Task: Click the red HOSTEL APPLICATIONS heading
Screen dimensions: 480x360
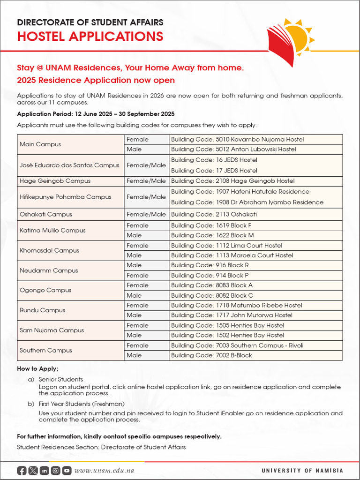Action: pyautogui.click(x=90, y=36)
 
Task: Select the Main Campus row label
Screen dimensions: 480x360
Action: pyautogui.click(x=40, y=144)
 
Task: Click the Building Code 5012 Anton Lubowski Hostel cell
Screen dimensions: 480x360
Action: pyautogui.click(x=233, y=150)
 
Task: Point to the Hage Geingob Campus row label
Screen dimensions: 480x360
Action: pyautogui.click(x=55, y=181)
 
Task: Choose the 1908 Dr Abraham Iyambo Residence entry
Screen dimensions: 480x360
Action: pyautogui.click(x=247, y=202)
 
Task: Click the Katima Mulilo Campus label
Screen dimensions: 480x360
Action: pyautogui.click(x=52, y=230)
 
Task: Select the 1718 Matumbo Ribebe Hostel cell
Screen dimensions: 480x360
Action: pyautogui.click(x=236, y=305)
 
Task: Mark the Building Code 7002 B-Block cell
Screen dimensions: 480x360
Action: pyautogui.click(x=211, y=355)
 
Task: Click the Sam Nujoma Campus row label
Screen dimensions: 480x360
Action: pyautogui.click(x=52, y=330)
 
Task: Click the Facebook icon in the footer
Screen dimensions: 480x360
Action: pyautogui.click(x=22, y=471)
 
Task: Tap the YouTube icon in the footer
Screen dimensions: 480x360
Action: pyautogui.click(x=67, y=471)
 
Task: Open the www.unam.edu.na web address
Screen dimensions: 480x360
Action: pyautogui.click(x=105, y=471)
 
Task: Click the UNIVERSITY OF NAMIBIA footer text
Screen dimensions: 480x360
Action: pyautogui.click(x=302, y=471)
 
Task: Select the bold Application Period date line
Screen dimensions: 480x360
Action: pyautogui.click(x=96, y=114)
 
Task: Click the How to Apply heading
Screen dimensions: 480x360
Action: pyautogui.click(x=37, y=369)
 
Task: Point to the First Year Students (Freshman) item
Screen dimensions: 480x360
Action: pyautogui.click(x=81, y=404)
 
